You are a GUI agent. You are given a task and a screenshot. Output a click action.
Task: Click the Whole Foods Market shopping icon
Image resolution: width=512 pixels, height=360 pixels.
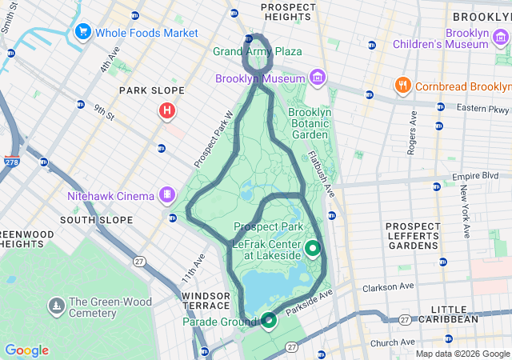point(82,32)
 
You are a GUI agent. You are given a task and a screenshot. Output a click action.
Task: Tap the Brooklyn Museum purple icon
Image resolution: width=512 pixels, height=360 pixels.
point(318,78)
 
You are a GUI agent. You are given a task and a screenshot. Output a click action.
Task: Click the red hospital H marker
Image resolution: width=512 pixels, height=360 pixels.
point(166,110)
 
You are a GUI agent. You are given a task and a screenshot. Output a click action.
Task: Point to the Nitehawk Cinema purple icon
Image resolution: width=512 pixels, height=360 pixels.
point(167,194)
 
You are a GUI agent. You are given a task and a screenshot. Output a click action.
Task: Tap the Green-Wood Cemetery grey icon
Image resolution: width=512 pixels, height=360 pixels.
point(56,305)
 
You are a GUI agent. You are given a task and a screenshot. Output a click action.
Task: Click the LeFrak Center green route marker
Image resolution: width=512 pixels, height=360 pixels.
point(311,248)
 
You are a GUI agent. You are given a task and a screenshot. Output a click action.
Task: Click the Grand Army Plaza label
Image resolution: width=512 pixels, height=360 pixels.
point(258,52)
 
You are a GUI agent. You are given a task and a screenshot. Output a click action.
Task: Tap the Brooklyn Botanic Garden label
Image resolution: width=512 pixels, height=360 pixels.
point(309,124)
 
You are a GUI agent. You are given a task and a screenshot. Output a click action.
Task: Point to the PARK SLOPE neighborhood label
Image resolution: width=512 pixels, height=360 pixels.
point(151,90)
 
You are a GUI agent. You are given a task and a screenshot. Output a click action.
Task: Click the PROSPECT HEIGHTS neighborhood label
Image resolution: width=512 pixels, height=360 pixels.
point(291,11)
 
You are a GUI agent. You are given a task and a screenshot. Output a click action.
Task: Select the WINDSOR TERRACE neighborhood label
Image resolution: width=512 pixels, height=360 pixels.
point(206,302)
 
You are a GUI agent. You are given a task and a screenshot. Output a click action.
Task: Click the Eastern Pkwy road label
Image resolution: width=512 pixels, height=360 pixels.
point(483,107)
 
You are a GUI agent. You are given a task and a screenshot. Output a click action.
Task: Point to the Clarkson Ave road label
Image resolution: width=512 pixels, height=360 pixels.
point(388,286)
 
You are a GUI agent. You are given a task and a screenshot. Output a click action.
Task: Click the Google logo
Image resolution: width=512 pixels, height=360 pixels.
point(26,350)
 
